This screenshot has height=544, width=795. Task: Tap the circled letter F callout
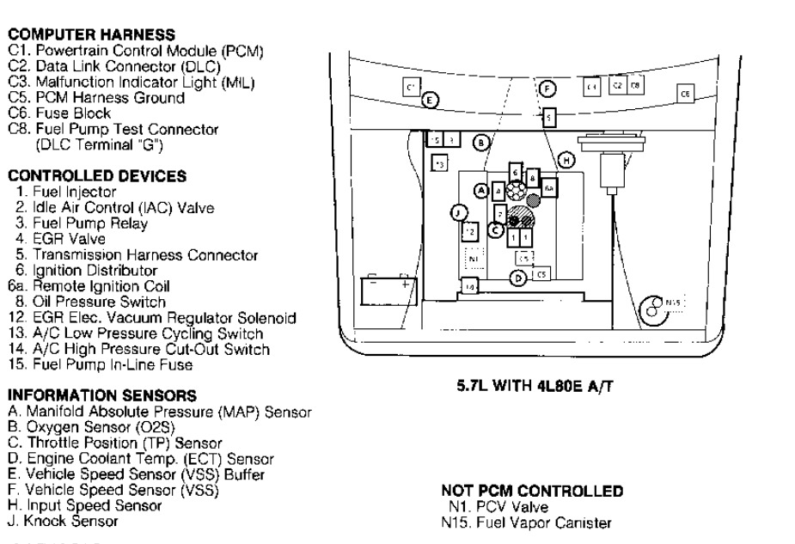click(x=547, y=88)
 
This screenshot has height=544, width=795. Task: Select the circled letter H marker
click(x=566, y=159)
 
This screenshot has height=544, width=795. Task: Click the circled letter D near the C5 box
click(x=517, y=277)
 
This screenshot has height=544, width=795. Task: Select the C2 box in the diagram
click(x=616, y=86)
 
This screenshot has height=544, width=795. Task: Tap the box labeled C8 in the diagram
click(x=634, y=86)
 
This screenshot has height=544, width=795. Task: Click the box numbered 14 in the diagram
click(x=470, y=284)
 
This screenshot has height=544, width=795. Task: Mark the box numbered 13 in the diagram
click(x=439, y=162)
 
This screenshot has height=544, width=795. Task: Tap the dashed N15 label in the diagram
click(x=676, y=303)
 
